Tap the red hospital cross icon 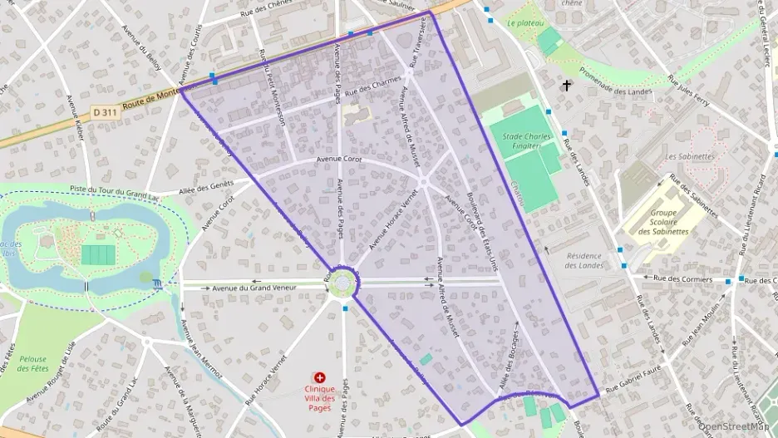320,378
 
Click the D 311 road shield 105,111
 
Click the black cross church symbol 567,85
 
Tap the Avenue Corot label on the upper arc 339,159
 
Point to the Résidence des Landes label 583,260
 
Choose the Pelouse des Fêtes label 34,363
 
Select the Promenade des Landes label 615,86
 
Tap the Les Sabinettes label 690,156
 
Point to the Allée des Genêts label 206,188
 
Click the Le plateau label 525,24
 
